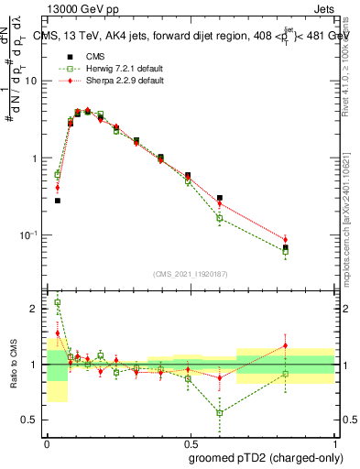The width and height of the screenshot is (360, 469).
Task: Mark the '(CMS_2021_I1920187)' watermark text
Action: click(190, 274)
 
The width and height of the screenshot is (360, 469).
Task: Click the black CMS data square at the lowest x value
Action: click(57, 201)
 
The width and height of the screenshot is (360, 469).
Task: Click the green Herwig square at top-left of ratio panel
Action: click(57, 302)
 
